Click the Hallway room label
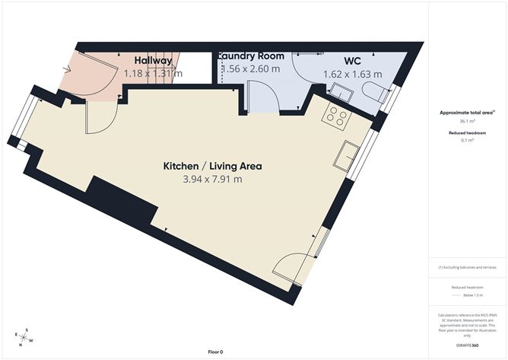pos(153,60)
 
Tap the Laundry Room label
pos(252,56)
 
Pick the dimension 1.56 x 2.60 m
pos(251,69)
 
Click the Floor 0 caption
pos(216,352)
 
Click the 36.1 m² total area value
pos(468,120)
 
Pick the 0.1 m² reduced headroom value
pos(468,141)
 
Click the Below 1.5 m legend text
pos(468,294)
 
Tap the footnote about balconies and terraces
pos(468,267)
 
